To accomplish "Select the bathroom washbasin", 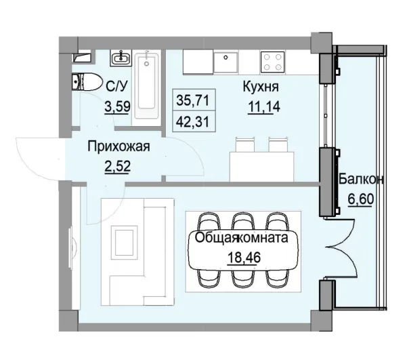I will coord(124,58).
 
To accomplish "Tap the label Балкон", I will coord(362,180).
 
